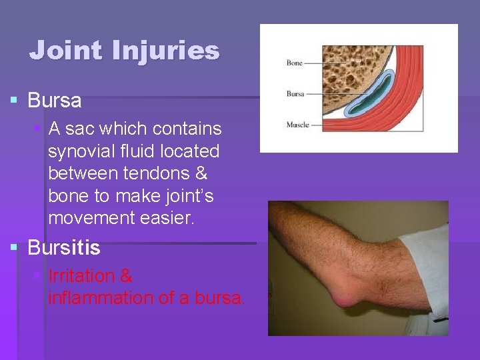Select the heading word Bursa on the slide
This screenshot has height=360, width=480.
(x=54, y=101)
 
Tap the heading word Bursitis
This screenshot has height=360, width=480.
(x=63, y=249)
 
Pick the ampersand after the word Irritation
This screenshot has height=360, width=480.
(x=126, y=275)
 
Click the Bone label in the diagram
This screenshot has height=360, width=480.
(x=294, y=63)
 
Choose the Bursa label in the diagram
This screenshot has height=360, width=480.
(x=295, y=94)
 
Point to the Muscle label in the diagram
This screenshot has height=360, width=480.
(x=297, y=125)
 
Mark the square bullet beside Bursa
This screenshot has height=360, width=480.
(x=14, y=101)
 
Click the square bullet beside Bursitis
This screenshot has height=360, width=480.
(x=14, y=249)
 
